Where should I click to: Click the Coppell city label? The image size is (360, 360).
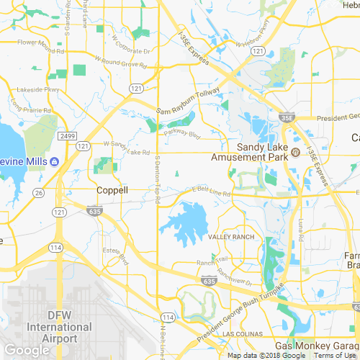coord(112,191)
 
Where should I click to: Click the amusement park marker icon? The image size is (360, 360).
coord(295,153)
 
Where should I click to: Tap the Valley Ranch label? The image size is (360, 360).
coord(231,238)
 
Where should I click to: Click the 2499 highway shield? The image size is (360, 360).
coord(68,135)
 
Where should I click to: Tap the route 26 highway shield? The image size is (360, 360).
coord(40,193)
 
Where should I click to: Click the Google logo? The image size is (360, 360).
coord(27,351)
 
